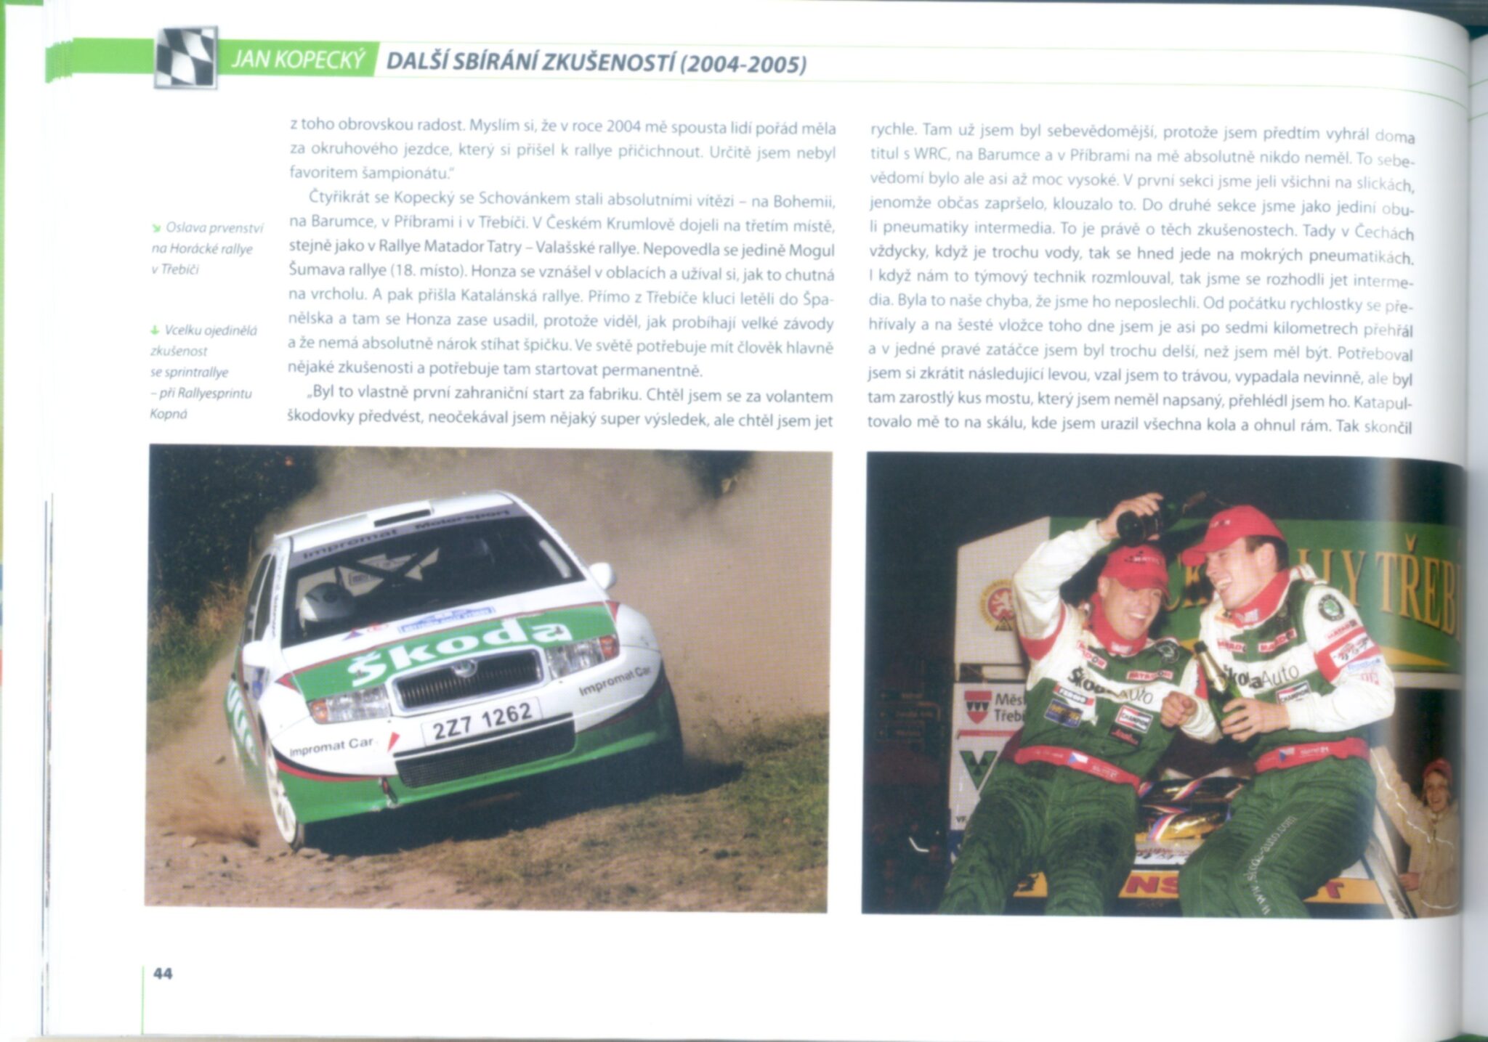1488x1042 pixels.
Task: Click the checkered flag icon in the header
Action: [187, 57]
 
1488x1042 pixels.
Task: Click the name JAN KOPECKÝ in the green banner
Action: [298, 60]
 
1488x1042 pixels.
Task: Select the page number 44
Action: [163, 973]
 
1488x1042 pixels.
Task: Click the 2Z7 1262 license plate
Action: [482, 720]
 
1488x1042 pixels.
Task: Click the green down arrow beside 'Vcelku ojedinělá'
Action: [155, 330]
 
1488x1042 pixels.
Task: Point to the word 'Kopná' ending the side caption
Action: [168, 414]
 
